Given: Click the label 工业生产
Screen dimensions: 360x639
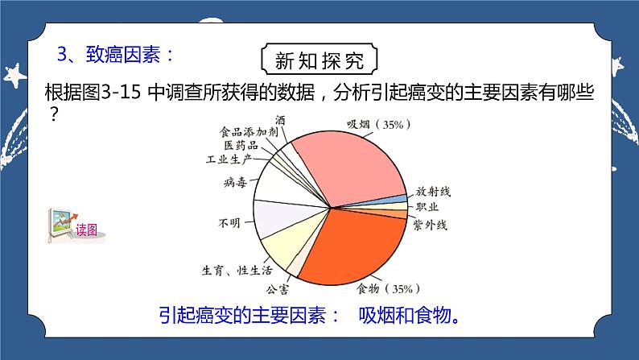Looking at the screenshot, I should pyautogui.click(x=229, y=158).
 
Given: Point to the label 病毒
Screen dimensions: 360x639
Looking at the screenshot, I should pyautogui.click(x=237, y=183).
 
